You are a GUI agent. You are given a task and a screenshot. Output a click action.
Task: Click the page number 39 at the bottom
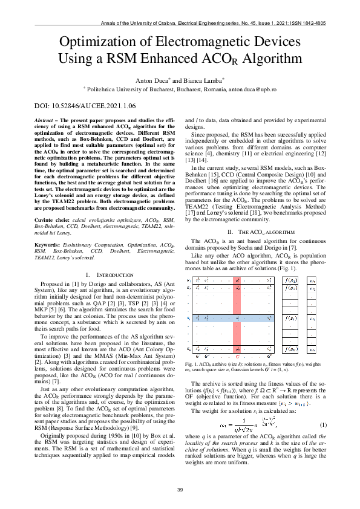180,490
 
